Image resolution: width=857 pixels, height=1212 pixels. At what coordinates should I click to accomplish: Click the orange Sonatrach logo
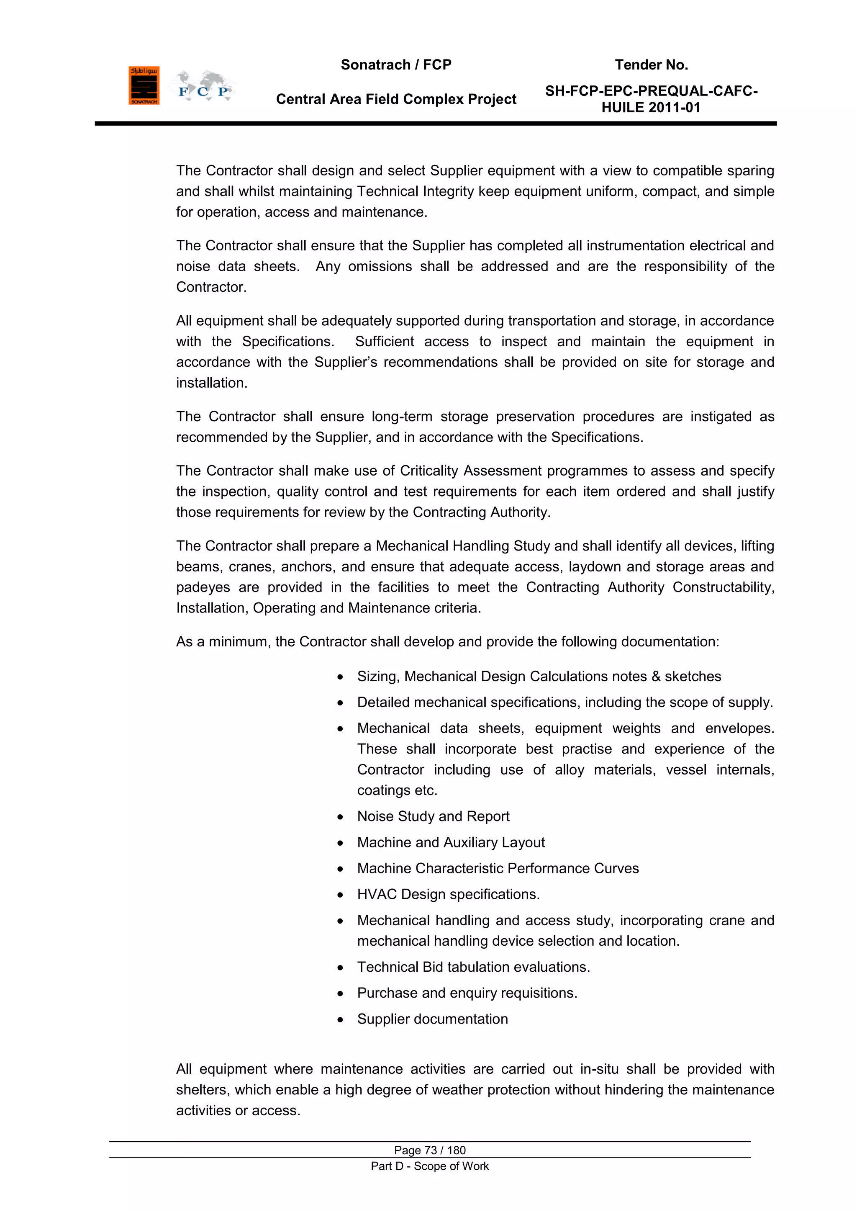(144, 85)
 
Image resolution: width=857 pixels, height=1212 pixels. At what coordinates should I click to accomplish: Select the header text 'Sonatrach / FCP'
(396, 65)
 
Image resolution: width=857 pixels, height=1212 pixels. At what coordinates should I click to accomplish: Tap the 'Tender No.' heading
(651, 65)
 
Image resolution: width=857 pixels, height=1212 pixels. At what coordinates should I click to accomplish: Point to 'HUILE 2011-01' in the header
(651, 108)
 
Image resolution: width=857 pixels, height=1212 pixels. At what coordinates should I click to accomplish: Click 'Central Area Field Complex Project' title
(396, 99)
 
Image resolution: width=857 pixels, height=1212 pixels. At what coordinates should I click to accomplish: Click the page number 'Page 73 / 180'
(430, 1150)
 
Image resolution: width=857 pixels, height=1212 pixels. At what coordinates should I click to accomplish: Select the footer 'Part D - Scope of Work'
(430, 1166)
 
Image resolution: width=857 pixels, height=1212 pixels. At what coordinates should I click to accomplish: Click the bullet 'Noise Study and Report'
(433, 816)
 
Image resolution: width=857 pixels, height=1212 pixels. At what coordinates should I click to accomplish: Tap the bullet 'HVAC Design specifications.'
(448, 894)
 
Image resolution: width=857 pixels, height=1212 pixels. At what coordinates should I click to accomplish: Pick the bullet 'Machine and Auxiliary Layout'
(451, 842)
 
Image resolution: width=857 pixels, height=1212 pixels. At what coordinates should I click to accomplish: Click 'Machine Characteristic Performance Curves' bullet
(498, 868)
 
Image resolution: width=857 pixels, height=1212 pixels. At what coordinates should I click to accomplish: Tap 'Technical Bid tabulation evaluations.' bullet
(473, 967)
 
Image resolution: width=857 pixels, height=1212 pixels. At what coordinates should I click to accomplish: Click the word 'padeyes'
(203, 587)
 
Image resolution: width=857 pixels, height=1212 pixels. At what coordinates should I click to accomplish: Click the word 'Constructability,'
(723, 587)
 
